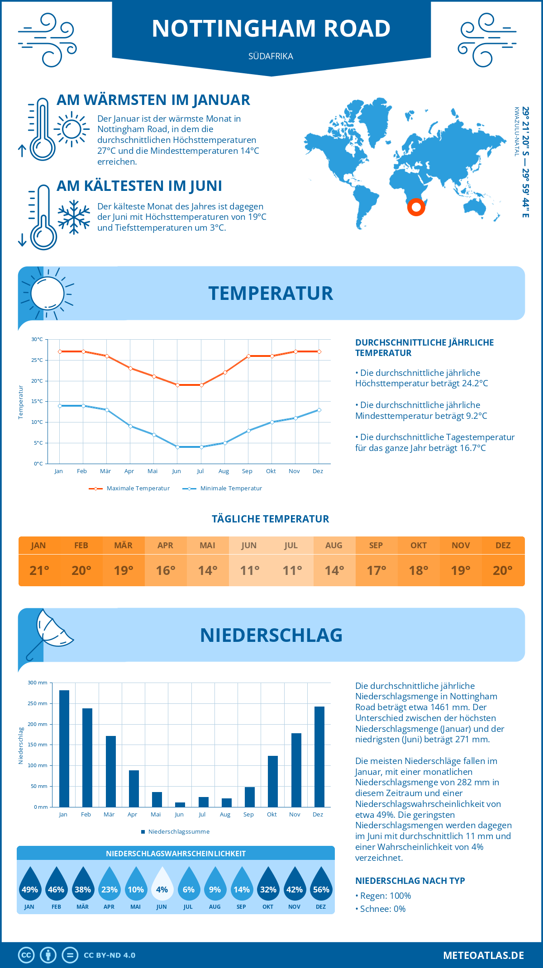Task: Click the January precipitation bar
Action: point(64,749)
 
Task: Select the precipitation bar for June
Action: point(180,805)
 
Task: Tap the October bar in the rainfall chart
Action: point(273,781)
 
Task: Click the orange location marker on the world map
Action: point(416,208)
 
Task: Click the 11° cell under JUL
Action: point(292,570)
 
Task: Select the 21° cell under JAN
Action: point(39,570)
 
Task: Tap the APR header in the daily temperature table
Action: point(165,546)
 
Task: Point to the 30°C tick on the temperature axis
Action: point(37,339)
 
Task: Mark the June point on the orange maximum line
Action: point(177,385)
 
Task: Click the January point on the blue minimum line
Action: point(60,406)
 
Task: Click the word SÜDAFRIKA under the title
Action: point(271,56)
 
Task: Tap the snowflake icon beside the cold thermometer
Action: point(74,217)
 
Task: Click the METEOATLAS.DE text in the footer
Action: point(483,955)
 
